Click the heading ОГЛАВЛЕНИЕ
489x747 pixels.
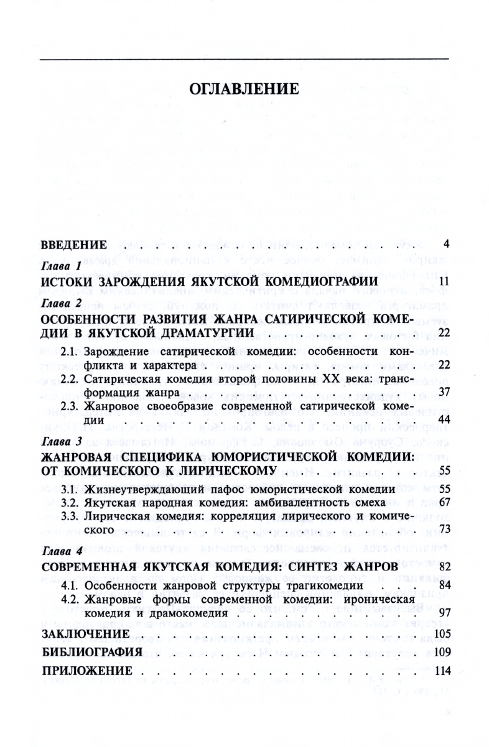(244, 88)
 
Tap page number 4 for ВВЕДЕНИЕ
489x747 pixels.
(445, 242)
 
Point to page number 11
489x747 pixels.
(442, 283)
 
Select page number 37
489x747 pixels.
(442, 393)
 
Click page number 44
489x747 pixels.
(442, 421)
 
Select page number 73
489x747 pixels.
(442, 529)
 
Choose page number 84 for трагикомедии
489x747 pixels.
(442, 585)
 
